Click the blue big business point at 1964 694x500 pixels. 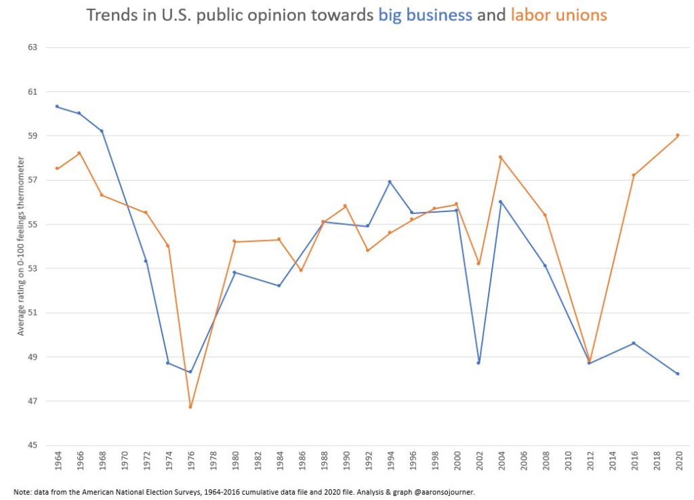click(57, 106)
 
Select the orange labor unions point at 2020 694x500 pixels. click(678, 136)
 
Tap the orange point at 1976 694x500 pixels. click(190, 407)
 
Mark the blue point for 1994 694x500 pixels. click(390, 182)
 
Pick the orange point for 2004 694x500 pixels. click(500, 157)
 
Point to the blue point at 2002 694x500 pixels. click(478, 362)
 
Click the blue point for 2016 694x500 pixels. click(634, 343)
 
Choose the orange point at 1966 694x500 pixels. click(79, 153)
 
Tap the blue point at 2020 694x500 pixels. click(678, 373)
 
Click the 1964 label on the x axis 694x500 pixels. click(58, 464)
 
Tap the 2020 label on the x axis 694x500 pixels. click(678, 464)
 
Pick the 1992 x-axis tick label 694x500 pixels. click(368, 464)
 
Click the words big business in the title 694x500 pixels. click(425, 15)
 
